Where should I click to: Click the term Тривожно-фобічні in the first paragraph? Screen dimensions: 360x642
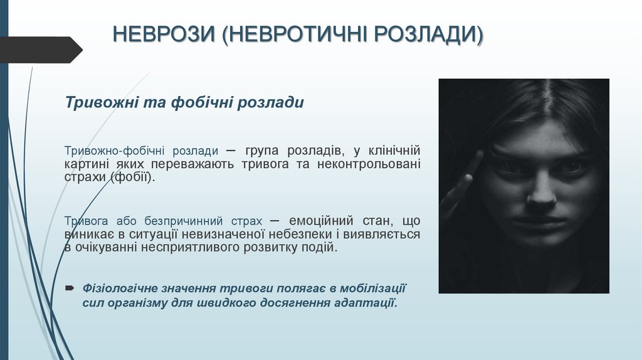[x=109, y=151]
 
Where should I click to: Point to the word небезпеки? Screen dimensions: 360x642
[x=300, y=235]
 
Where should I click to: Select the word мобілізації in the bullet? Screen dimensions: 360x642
[x=374, y=289]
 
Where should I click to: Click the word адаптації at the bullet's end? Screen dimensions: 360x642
[x=366, y=302]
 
